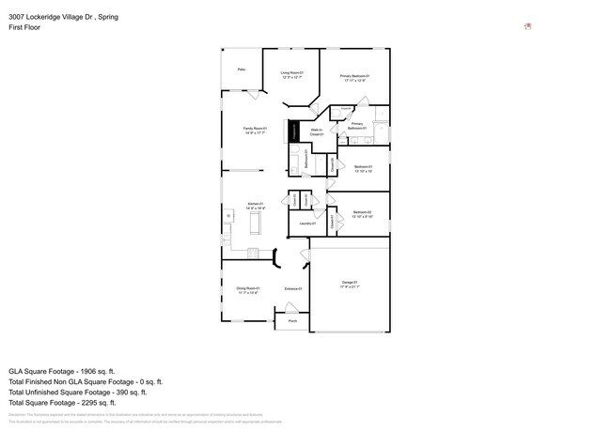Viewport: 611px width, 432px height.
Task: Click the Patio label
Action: pos(242,69)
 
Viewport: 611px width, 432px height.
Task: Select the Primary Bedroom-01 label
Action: pos(354,78)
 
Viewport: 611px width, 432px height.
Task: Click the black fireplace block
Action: pos(293,132)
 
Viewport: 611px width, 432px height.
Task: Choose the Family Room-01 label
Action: pos(255,131)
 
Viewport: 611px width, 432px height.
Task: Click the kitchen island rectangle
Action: pos(253,222)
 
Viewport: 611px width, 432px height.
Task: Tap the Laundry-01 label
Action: pos(306,224)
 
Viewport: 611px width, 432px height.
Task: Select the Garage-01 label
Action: pos(350,285)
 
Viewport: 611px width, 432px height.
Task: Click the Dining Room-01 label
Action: pos(248,290)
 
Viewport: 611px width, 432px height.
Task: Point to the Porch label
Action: pos(292,321)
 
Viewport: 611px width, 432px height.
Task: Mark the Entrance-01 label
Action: pos(292,288)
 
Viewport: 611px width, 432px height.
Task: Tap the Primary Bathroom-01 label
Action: pos(357,125)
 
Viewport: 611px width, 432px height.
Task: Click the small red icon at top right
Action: pos(527,26)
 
